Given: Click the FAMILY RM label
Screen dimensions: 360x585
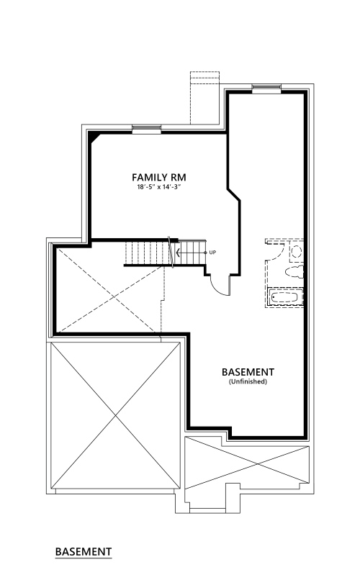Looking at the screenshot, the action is pyautogui.click(x=158, y=177).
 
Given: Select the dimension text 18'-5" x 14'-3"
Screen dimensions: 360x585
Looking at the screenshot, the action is pyautogui.click(x=158, y=187).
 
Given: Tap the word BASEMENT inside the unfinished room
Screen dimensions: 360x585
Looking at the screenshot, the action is pyautogui.click(x=248, y=372).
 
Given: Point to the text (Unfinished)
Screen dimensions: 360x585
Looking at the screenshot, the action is pyautogui.click(x=248, y=381).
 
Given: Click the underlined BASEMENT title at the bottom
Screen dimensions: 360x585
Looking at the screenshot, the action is pyautogui.click(x=84, y=551).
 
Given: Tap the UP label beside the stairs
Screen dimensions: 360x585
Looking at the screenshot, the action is pyautogui.click(x=212, y=253).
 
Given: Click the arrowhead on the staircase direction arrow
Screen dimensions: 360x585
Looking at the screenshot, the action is pyautogui.click(x=178, y=253).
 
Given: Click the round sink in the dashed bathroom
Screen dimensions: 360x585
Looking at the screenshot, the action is pyautogui.click(x=297, y=251).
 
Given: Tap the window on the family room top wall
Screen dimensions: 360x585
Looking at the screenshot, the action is pyautogui.click(x=147, y=129).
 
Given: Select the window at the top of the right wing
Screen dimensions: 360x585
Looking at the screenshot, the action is pyautogui.click(x=266, y=89).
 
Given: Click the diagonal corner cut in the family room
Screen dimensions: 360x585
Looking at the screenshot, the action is pyautogui.click(x=94, y=137).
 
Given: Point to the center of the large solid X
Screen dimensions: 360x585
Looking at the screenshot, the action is pyautogui.click(x=116, y=415).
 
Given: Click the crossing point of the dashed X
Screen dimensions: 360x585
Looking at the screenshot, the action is pyautogui.click(x=114, y=296).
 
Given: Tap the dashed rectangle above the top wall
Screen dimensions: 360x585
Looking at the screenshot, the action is pyautogui.click(x=204, y=98).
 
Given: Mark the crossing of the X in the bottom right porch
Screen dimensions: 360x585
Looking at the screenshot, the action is pyautogui.click(x=257, y=463).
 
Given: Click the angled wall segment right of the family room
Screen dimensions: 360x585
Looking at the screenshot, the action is pyautogui.click(x=234, y=195).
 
